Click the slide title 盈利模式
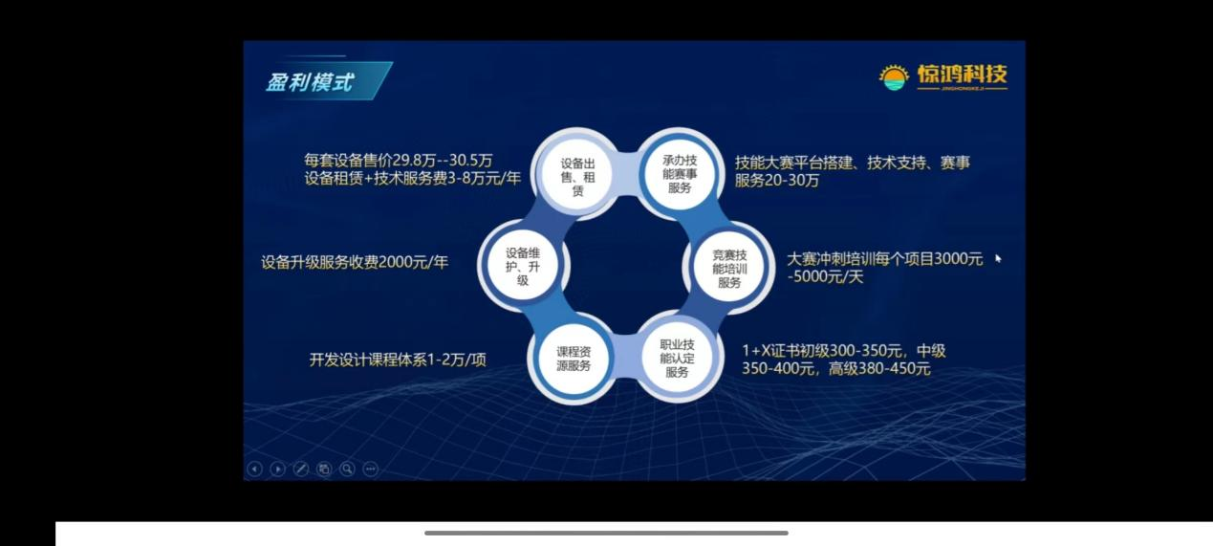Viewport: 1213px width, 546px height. [x=309, y=82]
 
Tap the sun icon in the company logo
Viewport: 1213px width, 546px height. [x=894, y=77]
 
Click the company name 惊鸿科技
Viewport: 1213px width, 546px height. [x=962, y=75]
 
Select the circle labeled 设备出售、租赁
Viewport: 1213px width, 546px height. [x=577, y=174]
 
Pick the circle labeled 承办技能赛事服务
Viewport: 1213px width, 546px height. [x=679, y=174]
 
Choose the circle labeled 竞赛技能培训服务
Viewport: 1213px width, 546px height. [x=729, y=268]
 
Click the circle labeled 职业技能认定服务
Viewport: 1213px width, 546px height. [x=677, y=358]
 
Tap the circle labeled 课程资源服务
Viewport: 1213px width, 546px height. [x=574, y=359]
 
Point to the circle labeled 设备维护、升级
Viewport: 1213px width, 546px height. [x=523, y=266]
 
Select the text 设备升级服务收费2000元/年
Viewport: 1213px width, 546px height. [x=355, y=262]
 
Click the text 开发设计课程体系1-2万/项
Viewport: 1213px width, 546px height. [x=398, y=360]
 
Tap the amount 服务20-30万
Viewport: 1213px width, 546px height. [x=777, y=181]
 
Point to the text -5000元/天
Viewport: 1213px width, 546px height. [x=825, y=276]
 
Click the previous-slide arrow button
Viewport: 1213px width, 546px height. [x=254, y=469]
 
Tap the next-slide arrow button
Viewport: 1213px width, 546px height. [x=277, y=469]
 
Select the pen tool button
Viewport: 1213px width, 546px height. [x=300, y=469]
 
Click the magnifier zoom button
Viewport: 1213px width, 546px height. [x=347, y=469]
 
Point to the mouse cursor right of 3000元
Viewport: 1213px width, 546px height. [x=998, y=259]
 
